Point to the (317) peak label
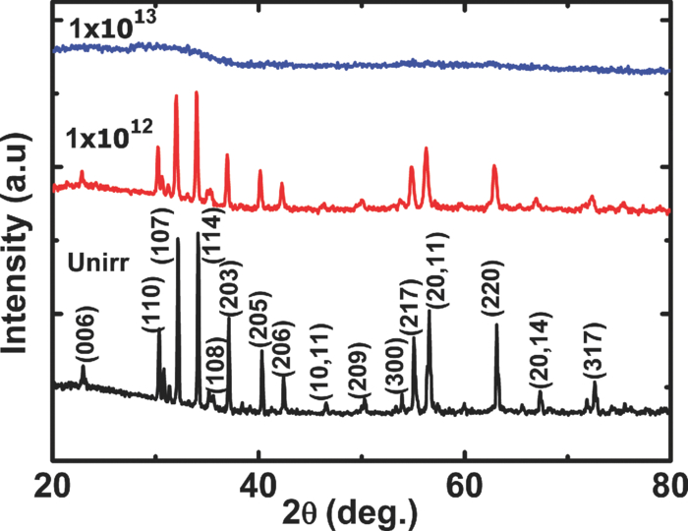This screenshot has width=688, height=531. [593, 351]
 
